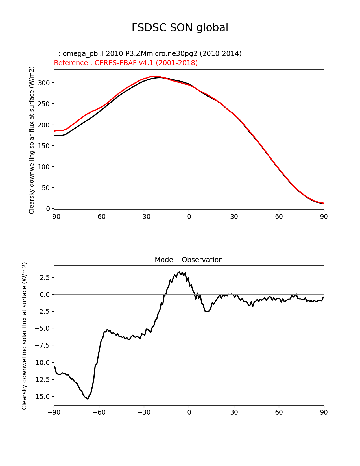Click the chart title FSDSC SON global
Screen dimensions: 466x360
180,28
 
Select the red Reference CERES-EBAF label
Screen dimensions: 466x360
126,63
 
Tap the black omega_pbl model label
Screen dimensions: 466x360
150,53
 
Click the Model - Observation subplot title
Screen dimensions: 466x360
189,260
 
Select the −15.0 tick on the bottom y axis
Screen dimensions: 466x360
42,396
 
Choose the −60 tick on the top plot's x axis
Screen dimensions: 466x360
99,217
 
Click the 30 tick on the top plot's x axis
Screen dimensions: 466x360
234,217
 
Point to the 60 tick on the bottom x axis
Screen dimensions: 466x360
279,412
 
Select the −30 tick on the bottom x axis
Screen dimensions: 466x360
144,412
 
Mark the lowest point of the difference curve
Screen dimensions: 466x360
88,399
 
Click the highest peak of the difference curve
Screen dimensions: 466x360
179,272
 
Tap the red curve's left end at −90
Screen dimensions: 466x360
54,131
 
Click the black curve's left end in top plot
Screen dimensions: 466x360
54,136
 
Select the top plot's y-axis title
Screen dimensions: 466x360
32,140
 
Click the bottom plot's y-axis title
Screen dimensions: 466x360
24,336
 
